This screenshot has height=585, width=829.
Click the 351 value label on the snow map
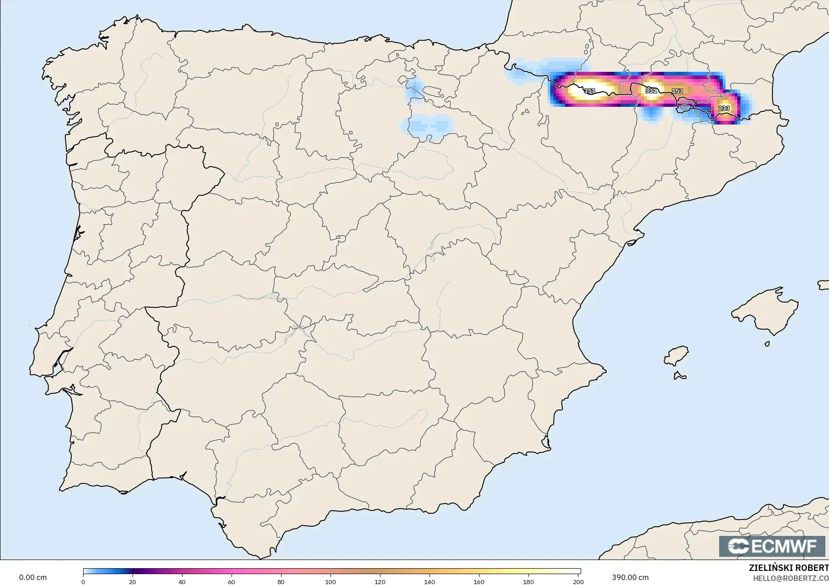pos(589,91)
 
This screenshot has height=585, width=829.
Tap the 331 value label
pos(651,91)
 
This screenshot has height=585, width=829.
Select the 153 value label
pos(677,91)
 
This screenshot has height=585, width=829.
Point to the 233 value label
pos(724,108)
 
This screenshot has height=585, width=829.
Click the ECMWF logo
pos(772,546)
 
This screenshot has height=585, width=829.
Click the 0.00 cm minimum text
pos(33,577)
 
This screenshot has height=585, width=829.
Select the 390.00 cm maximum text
pos(630,577)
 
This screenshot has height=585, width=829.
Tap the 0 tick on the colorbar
pos(83,581)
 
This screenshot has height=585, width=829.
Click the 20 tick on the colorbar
pos(133,581)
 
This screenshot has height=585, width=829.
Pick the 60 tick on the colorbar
pos(232,581)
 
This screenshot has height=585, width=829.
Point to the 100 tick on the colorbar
pos(331,581)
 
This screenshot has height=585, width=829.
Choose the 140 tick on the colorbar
pos(429,581)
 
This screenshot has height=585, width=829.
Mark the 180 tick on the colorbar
pos(528,581)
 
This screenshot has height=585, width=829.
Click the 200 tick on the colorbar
pos(578,581)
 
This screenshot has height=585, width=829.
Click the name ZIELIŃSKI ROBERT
pos(789,568)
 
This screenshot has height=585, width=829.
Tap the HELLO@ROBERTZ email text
pos(790,578)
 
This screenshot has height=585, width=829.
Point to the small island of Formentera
pos(680,375)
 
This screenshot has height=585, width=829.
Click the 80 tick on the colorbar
pos(281,581)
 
